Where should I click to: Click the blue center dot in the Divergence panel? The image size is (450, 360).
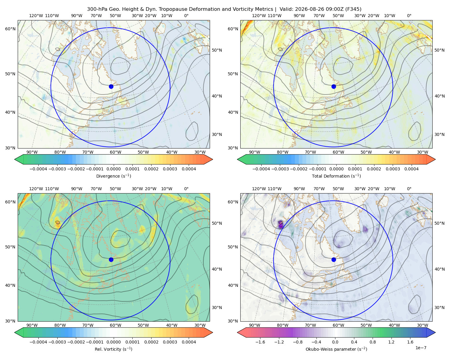[x=111, y=86]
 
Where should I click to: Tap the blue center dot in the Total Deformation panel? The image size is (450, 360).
[x=334, y=86]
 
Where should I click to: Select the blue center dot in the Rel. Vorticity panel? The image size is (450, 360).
[x=111, y=259]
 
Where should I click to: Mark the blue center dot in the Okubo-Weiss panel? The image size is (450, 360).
[x=334, y=259]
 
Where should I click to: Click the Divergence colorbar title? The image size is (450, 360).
[x=113, y=176]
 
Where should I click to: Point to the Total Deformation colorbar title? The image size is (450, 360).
[x=336, y=176]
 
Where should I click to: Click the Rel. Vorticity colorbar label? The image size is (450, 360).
[x=113, y=349]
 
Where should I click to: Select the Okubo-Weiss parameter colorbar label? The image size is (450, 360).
[x=336, y=349]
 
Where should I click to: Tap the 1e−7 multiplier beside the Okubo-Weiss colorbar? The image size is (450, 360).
[x=421, y=348]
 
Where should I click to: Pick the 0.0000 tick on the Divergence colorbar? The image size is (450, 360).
[x=113, y=169]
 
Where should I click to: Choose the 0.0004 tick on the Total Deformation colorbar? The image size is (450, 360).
[x=411, y=169]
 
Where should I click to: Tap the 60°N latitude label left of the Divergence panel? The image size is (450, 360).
[x=10, y=29]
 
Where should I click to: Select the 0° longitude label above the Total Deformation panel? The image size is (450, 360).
[x=409, y=16]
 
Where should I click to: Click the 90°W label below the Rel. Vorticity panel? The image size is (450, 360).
[x=32, y=325]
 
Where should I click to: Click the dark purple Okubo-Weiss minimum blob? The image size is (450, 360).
[x=280, y=224]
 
